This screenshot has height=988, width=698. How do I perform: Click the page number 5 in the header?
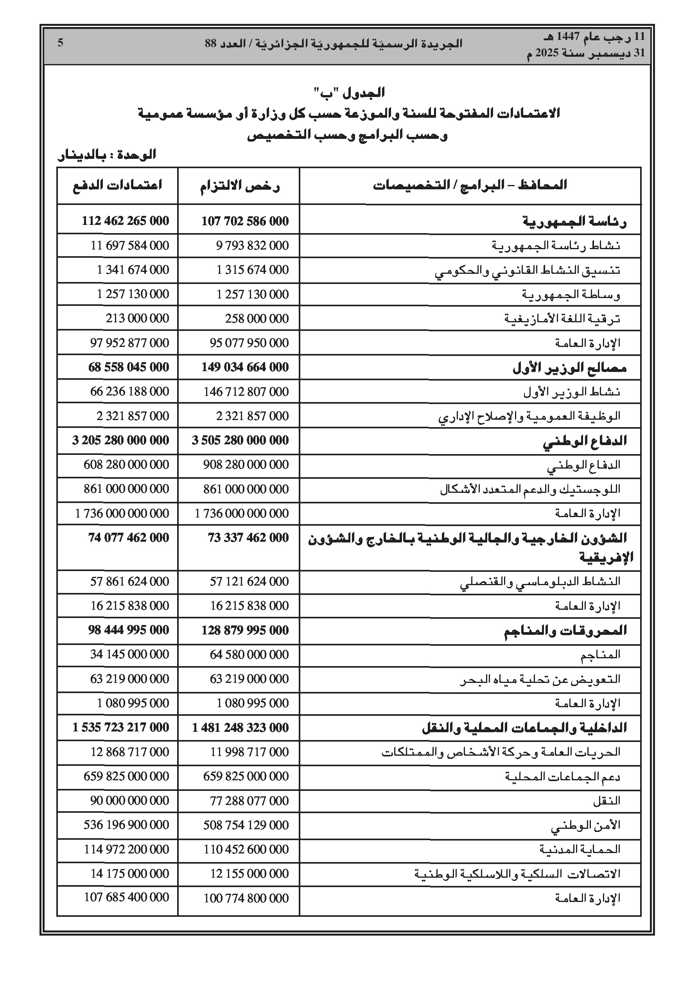coord(61,43)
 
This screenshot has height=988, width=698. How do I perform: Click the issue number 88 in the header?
coord(210,43)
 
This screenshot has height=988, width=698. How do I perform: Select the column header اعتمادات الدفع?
coord(117,185)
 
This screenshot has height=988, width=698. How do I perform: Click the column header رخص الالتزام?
coord(239,186)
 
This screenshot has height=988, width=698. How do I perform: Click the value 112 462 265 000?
coord(125,221)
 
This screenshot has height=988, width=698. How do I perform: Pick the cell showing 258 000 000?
coord(257,318)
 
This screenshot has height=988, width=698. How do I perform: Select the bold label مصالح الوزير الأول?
coord(569,368)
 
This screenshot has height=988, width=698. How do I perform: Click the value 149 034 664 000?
coord(245,367)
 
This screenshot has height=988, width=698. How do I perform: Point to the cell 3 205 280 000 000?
coord(120,440)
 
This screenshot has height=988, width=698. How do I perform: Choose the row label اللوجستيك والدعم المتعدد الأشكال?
coord(530,489)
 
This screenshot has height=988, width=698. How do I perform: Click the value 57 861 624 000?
coord(129,582)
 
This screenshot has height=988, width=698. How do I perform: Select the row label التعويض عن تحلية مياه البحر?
coord(540,679)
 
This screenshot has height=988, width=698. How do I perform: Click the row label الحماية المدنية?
coord(580,850)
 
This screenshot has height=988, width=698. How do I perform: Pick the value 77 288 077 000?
coord(249,801)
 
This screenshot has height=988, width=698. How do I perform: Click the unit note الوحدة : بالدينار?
coord(106,154)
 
